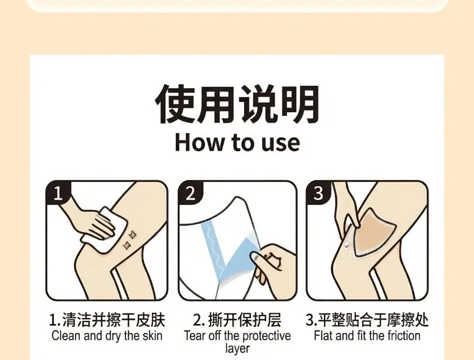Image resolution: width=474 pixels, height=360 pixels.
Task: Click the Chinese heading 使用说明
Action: pyautogui.click(x=238, y=104)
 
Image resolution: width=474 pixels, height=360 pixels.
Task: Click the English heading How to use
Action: pyautogui.click(x=238, y=142)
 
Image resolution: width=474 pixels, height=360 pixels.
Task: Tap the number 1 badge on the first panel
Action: pyautogui.click(x=58, y=193)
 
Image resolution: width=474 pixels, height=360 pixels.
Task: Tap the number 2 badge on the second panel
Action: pyautogui.click(x=190, y=193)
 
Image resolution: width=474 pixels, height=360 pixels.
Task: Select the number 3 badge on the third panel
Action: pyautogui.click(x=318, y=193)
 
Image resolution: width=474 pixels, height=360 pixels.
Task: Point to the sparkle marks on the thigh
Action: pyautogui.click(x=129, y=241)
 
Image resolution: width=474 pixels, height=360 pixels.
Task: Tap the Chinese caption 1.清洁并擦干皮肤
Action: pyautogui.click(x=107, y=320)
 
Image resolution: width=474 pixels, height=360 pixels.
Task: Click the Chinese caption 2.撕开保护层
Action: pyautogui.click(x=237, y=320)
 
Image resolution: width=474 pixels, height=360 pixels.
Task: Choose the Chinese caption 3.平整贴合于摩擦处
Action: pyautogui.click(x=367, y=320)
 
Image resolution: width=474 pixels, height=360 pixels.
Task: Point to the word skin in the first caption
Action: pyautogui.click(x=152, y=336)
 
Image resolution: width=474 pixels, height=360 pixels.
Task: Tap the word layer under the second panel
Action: pyautogui.click(x=238, y=349)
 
